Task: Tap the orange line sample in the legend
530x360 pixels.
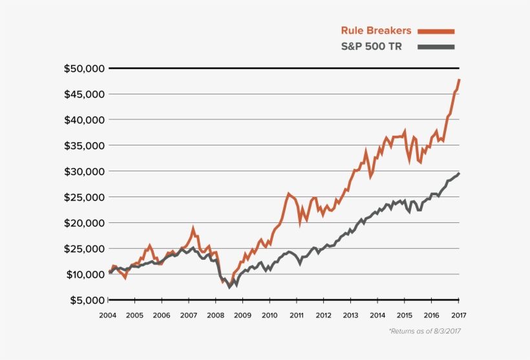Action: pos(436,31)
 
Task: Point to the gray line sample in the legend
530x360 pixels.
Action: pos(436,47)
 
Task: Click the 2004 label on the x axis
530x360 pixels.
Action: pos(108,315)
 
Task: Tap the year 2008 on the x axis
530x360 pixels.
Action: pos(216,315)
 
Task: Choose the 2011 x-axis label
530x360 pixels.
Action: pos(297,315)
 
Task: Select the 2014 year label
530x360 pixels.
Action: pos(377,315)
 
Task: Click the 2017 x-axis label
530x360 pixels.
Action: pos(458,315)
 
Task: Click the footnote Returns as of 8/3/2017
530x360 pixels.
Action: pos(424,331)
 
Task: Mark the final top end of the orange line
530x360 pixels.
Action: pos(459,79)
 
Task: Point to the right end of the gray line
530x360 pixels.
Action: pos(459,173)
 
